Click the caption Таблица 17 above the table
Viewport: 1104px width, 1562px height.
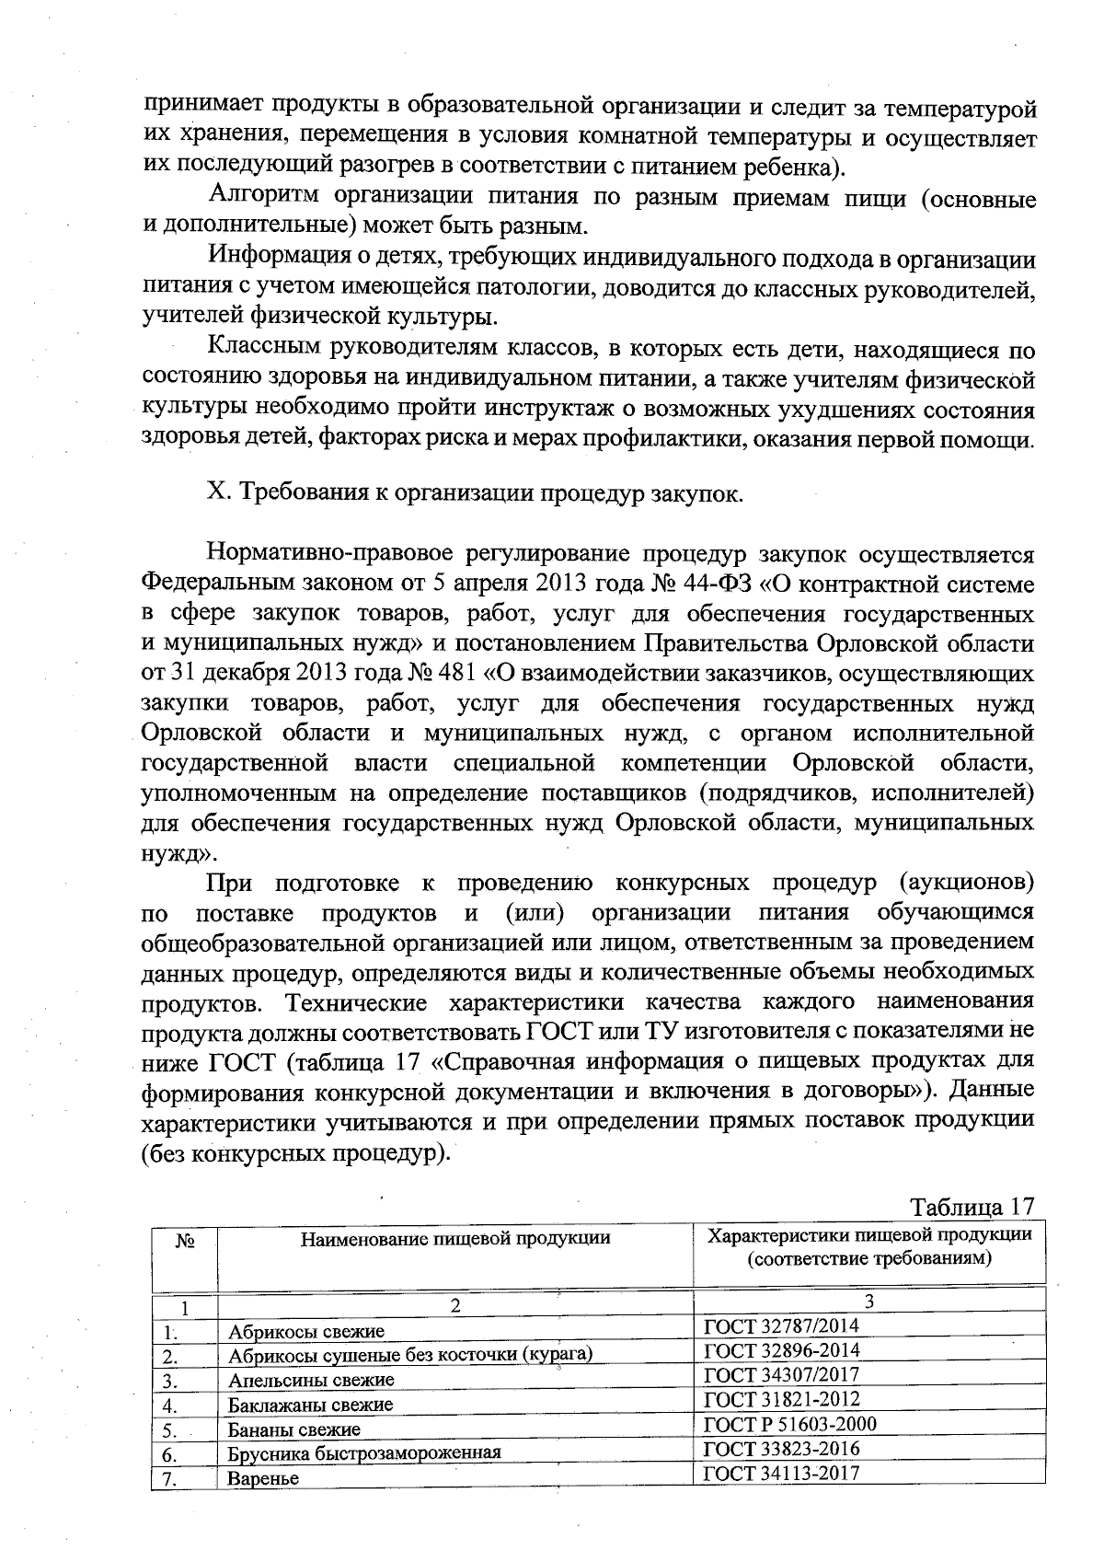pos(972,1207)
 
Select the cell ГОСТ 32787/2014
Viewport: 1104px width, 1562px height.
pos(781,1325)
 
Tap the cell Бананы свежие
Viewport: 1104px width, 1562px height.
pos(294,1430)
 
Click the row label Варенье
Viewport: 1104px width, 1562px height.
pos(264,1479)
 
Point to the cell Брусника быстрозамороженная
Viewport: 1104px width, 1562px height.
pos(364,1454)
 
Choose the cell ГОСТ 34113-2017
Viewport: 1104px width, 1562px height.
pos(781,1473)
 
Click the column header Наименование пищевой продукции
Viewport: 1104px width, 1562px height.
pos(455,1238)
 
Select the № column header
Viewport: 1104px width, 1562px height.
pos(185,1241)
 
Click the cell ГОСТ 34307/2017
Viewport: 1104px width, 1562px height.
pos(781,1374)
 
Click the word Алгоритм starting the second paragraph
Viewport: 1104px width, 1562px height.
pos(266,196)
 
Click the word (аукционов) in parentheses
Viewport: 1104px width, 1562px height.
pos(964,883)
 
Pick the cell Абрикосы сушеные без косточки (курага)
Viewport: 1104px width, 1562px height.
pos(409,1356)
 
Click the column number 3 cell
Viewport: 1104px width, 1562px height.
pos(868,1301)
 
